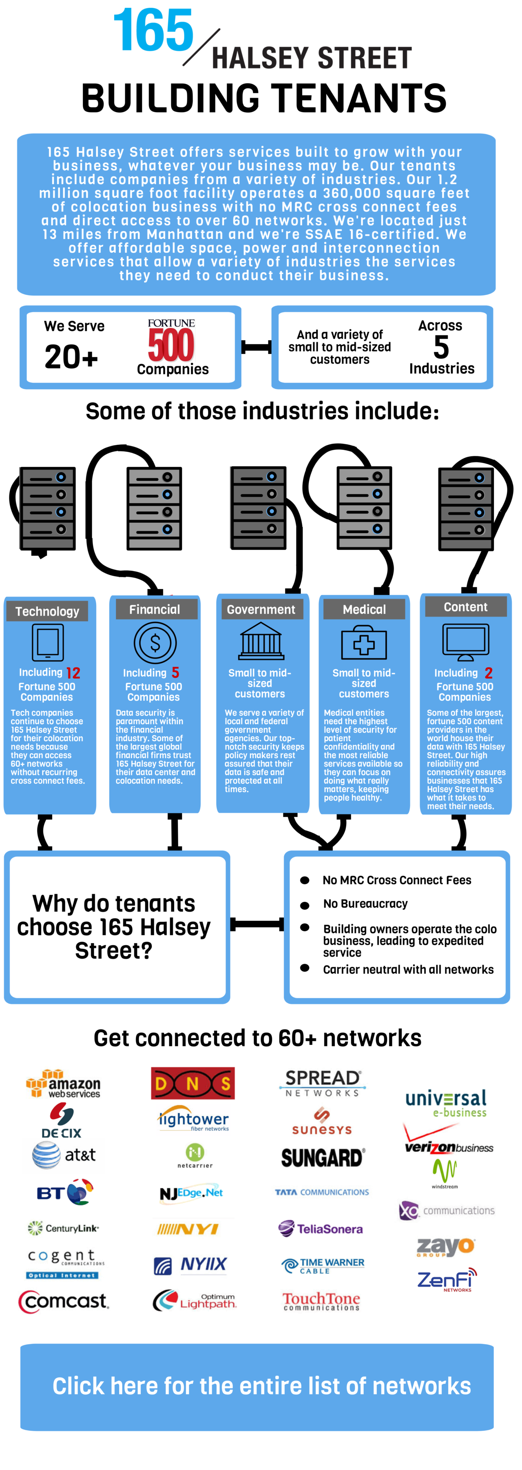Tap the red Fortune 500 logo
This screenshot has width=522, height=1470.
click(x=171, y=341)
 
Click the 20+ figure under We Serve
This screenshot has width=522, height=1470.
click(x=71, y=357)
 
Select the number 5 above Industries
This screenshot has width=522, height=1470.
click(x=441, y=347)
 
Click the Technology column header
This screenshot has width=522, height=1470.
click(x=47, y=611)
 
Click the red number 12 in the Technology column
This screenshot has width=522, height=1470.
click(x=73, y=673)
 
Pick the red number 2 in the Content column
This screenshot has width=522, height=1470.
click(x=488, y=673)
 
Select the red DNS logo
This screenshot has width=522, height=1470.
click(x=193, y=1083)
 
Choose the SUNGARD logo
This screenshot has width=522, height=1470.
click(x=322, y=1158)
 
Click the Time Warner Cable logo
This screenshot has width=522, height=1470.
click(x=323, y=1265)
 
